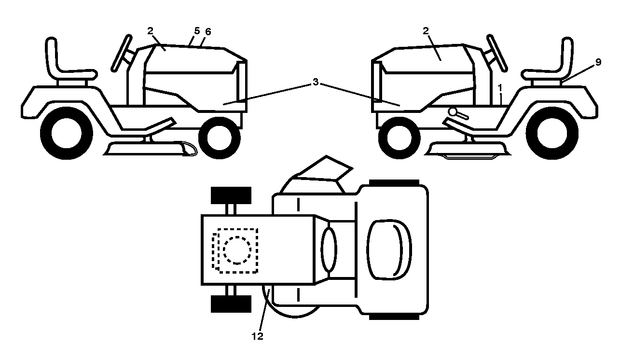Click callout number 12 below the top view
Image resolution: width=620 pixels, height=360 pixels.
(257, 336)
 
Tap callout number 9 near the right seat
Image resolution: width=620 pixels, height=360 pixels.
(598, 62)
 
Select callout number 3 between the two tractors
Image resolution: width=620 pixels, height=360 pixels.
(316, 82)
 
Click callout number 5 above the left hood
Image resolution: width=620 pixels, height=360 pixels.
(197, 31)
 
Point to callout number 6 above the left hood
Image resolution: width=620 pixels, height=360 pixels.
(208, 32)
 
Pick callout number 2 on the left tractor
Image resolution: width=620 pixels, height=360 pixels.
(150, 31)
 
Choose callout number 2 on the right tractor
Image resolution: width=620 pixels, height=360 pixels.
(426, 31)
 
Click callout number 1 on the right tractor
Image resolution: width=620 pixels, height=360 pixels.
(500, 88)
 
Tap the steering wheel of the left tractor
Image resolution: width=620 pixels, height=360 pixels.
(121, 53)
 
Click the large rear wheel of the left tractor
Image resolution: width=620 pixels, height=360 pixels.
(67, 133)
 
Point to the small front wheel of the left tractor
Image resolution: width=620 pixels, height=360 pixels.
(219, 138)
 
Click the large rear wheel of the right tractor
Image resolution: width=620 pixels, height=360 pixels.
(552, 133)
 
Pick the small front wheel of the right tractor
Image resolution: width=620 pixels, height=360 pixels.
(399, 138)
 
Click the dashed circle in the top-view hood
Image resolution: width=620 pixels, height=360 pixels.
(237, 250)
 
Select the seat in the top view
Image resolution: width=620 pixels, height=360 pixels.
(389, 250)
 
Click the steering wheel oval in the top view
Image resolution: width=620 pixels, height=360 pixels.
(329, 249)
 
